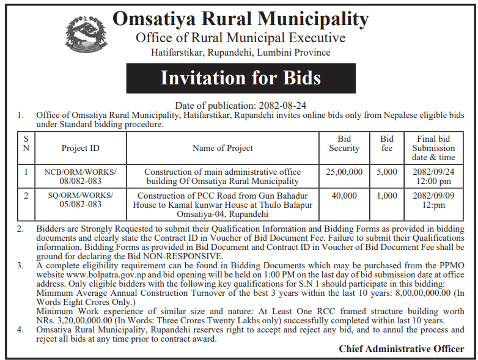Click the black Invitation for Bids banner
(x=240, y=78)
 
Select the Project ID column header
(x=80, y=148)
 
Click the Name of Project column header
(x=222, y=148)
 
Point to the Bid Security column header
(x=344, y=144)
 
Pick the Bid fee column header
(x=387, y=144)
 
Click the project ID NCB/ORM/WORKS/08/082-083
(x=80, y=177)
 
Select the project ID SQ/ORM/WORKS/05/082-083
(x=80, y=200)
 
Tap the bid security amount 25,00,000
(x=344, y=172)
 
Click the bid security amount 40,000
(x=344, y=196)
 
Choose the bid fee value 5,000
(x=387, y=172)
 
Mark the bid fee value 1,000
(x=387, y=196)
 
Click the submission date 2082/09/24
(x=433, y=172)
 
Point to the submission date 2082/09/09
(x=433, y=196)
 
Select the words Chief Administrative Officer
(x=401, y=349)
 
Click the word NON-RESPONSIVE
(x=183, y=256)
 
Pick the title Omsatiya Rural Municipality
(x=240, y=19)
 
